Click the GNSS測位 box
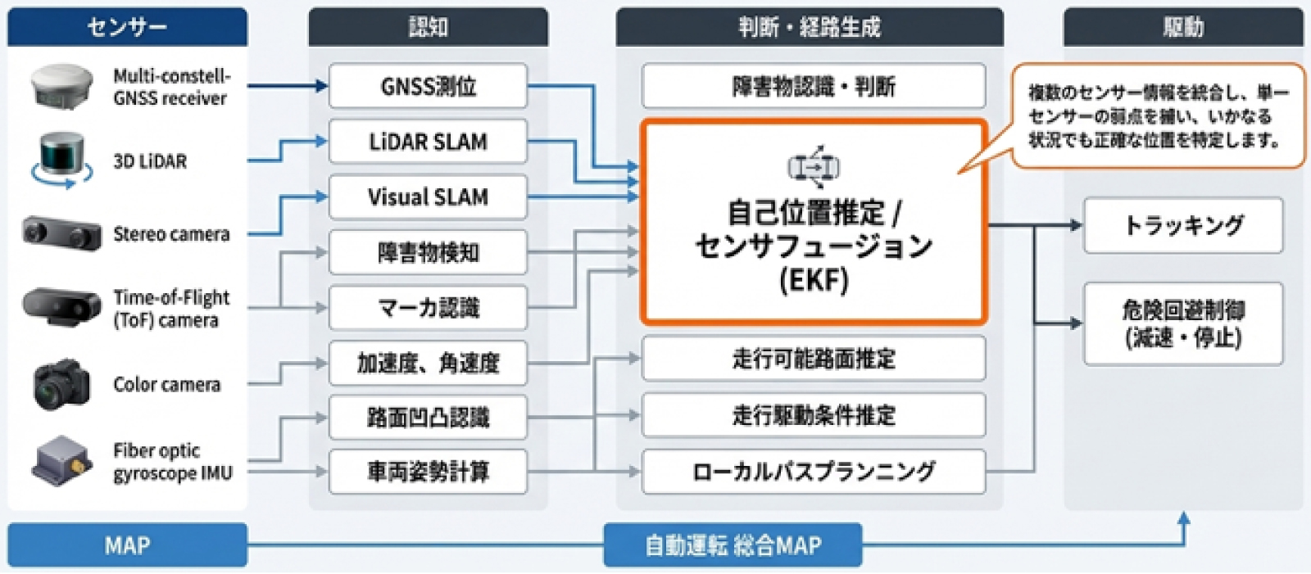(x=428, y=86)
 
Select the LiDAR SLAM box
(x=428, y=142)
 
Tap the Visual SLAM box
(x=428, y=197)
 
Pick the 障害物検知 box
(x=428, y=252)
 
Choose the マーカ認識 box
(x=428, y=308)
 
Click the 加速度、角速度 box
(x=428, y=363)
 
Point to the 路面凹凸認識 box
(x=428, y=418)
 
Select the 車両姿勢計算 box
(x=428, y=472)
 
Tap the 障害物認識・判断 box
(x=813, y=86)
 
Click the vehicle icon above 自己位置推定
(x=813, y=167)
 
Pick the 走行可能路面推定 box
(x=813, y=359)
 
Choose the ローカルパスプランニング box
(x=813, y=472)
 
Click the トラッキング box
(x=1183, y=225)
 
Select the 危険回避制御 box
(x=1183, y=323)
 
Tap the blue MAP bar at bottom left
(x=127, y=545)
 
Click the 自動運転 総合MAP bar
(x=733, y=545)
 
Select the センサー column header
(x=127, y=27)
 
